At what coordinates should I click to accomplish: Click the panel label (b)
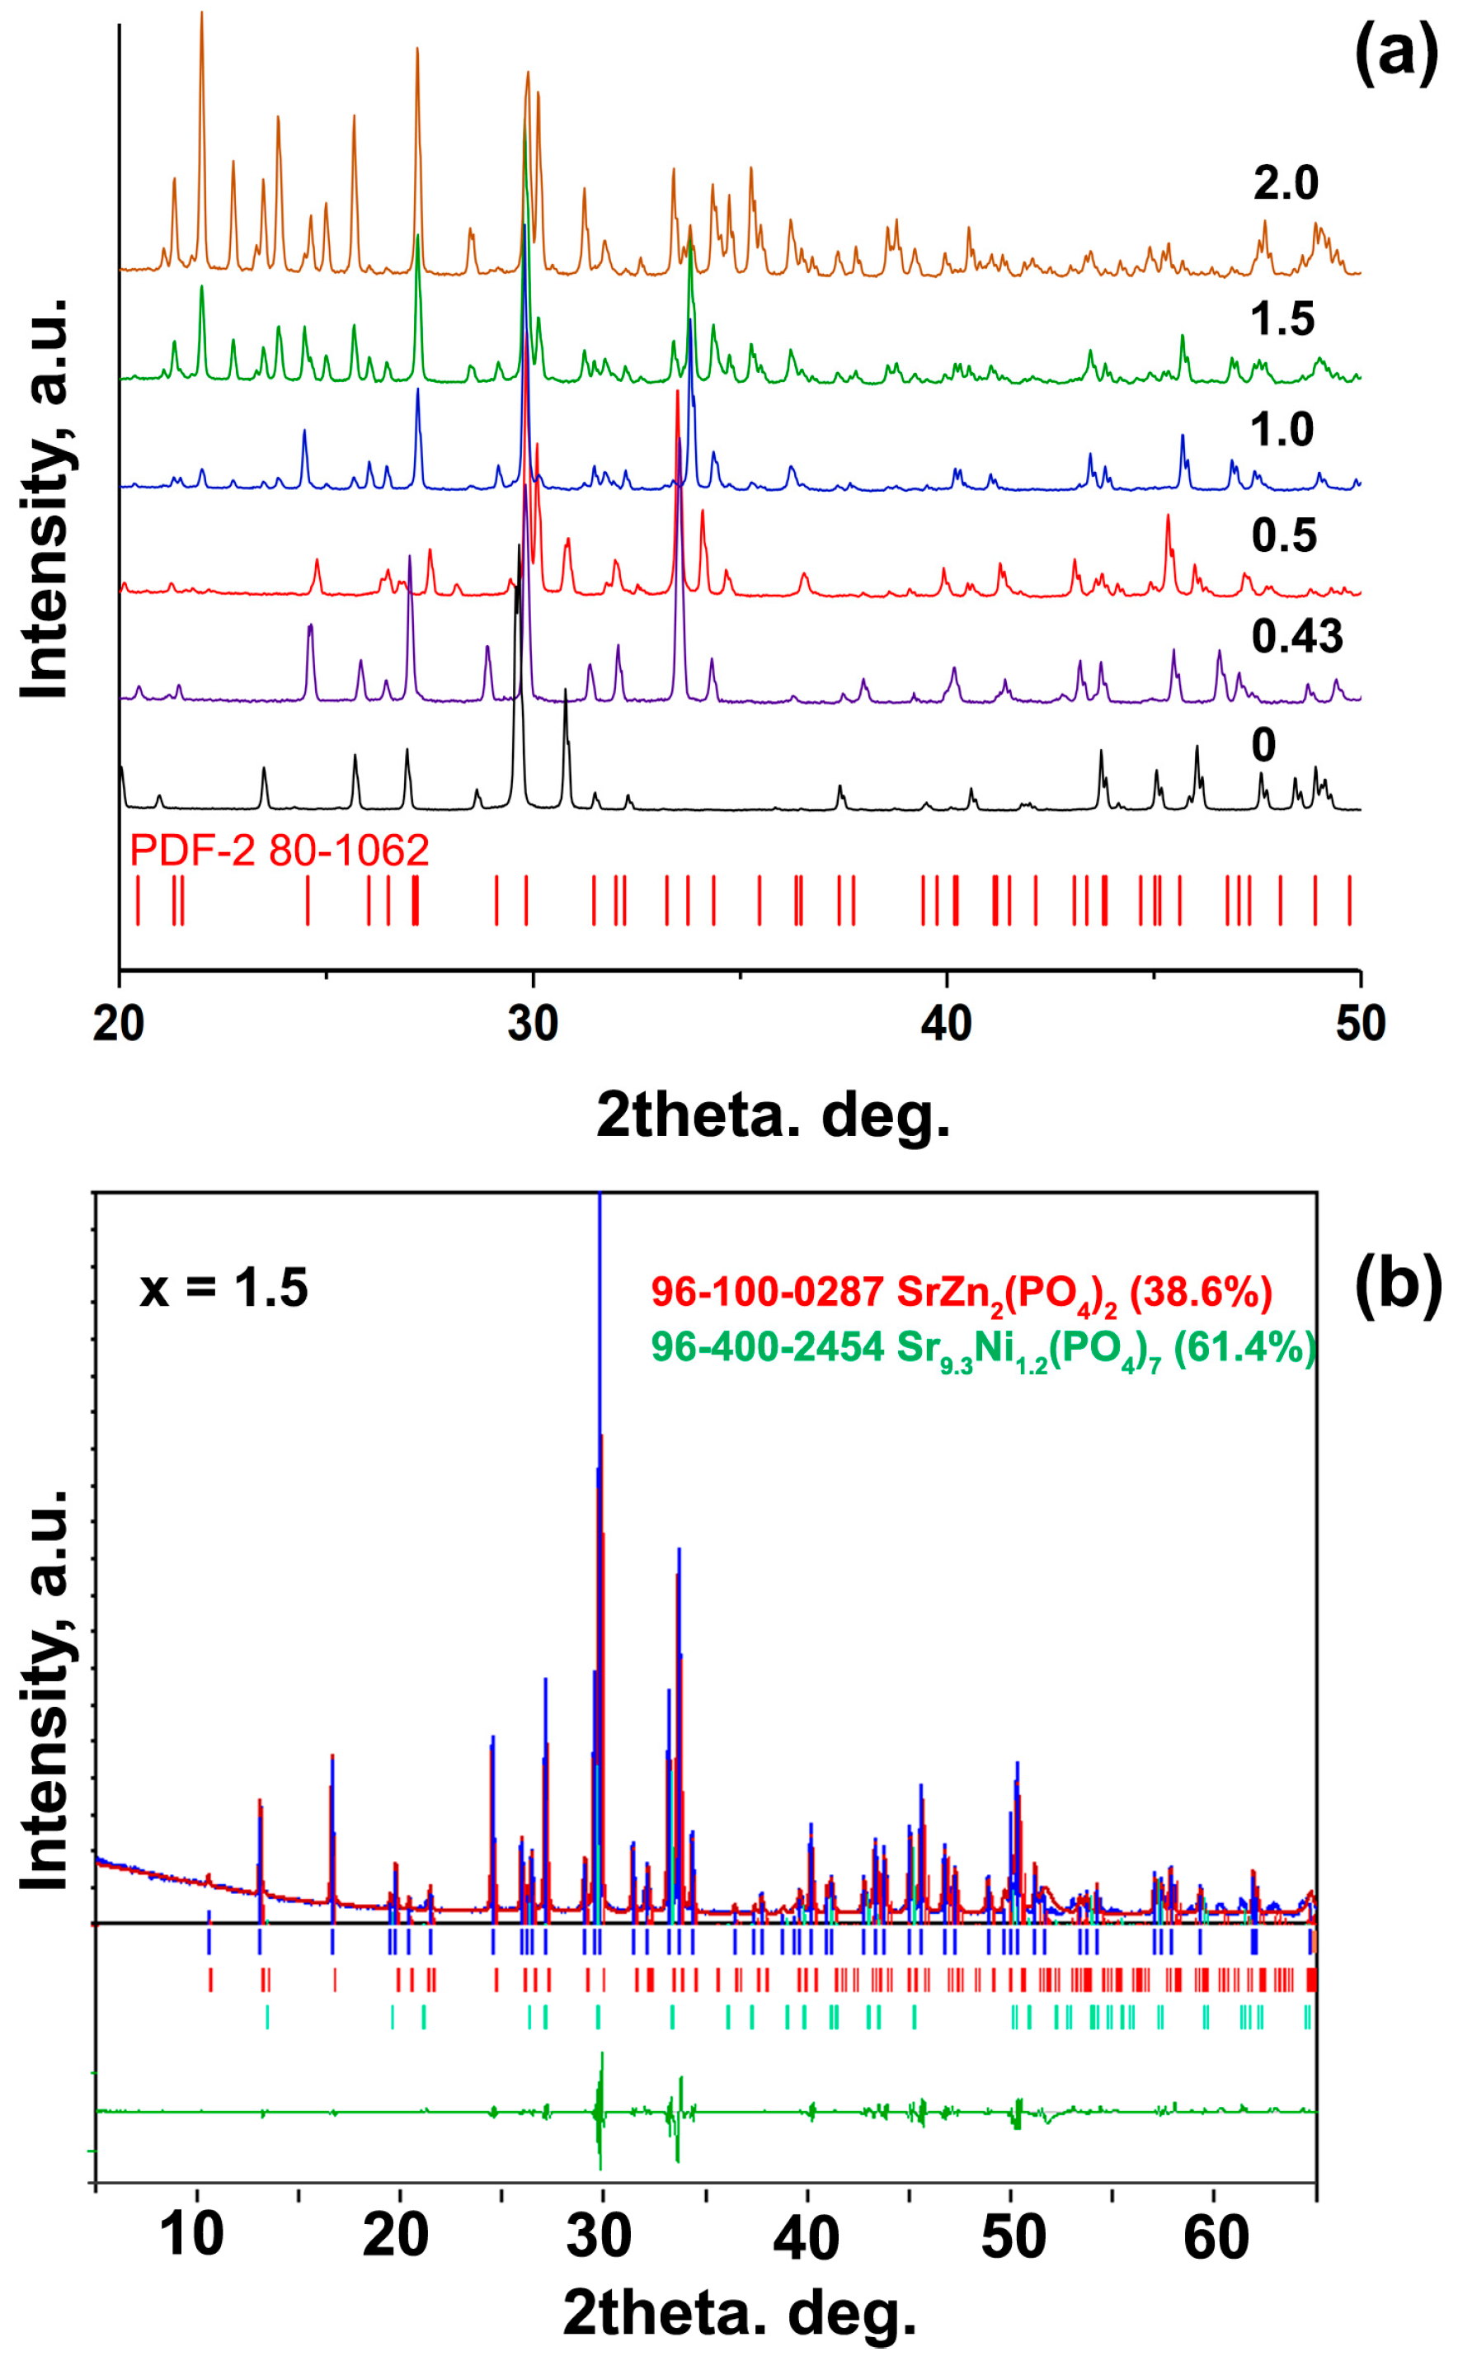tap(1396, 1287)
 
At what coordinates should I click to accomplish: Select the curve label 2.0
tap(1286, 182)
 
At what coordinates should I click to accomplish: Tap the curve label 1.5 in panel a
tap(1282, 318)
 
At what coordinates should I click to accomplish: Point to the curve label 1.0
tap(1282, 429)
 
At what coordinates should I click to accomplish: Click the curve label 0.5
tap(1283, 535)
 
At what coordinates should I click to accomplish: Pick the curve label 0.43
tap(1297, 637)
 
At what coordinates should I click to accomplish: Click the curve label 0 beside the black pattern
tap(1263, 745)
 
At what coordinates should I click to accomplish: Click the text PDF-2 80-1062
tap(279, 851)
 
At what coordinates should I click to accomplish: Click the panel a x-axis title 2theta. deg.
tap(774, 1116)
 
